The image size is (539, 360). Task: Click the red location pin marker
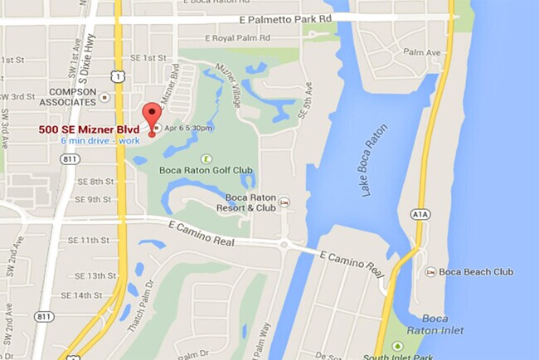pyautogui.click(x=152, y=116)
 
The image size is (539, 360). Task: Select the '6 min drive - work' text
pyautogui.click(x=100, y=140)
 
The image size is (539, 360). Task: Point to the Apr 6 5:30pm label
pyautogui.click(x=189, y=129)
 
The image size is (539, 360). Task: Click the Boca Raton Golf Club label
pyautogui.click(x=206, y=171)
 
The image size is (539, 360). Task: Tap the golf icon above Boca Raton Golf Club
pyautogui.click(x=206, y=158)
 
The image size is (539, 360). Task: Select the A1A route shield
pyautogui.click(x=420, y=215)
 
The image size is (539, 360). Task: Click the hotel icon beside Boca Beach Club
pyautogui.click(x=431, y=272)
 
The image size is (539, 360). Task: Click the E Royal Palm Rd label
pyautogui.click(x=217, y=38)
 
